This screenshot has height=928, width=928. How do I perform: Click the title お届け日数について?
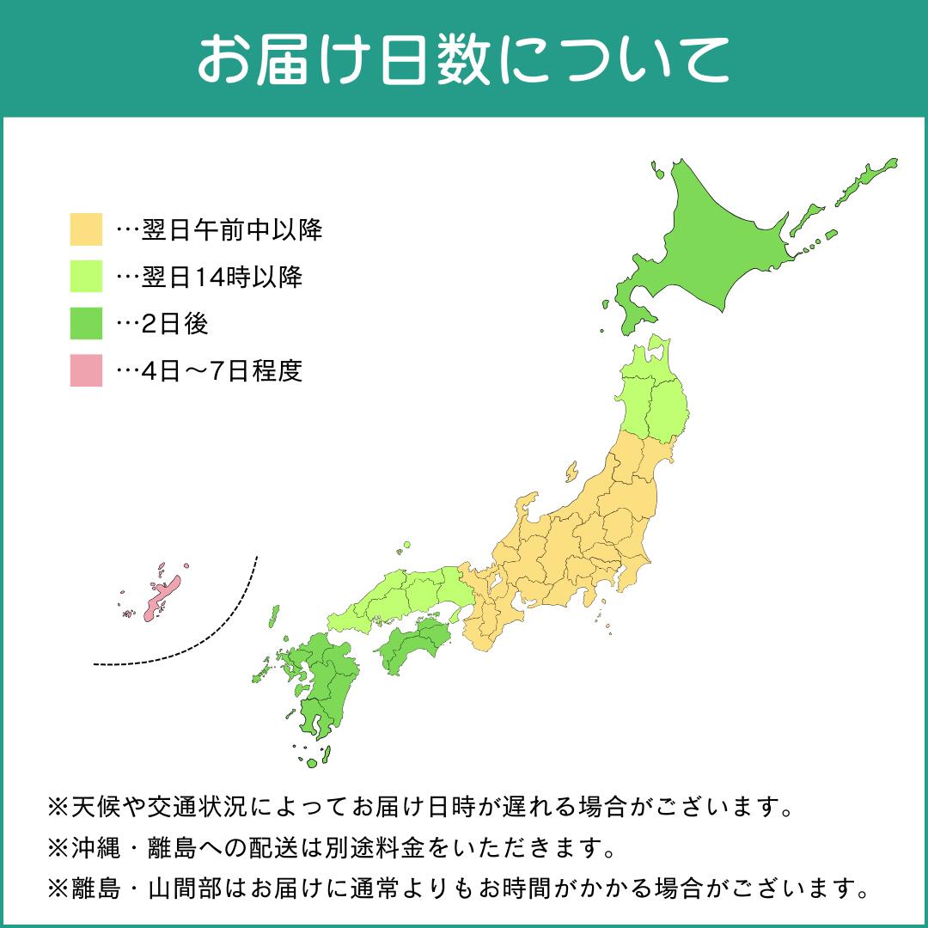pyautogui.click(x=463, y=58)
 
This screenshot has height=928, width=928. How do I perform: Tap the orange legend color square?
pyautogui.click(x=86, y=230)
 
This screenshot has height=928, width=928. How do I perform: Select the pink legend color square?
pyautogui.click(x=86, y=371)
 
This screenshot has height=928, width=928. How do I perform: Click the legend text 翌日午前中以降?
pyautogui.click(x=232, y=230)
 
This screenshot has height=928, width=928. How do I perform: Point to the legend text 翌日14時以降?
pyautogui.click(x=223, y=278)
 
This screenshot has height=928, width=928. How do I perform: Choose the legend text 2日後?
pyautogui.click(x=175, y=324)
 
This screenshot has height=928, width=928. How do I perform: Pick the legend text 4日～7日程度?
pyautogui.click(x=223, y=371)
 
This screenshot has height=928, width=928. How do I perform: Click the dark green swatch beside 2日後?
pyautogui.click(x=86, y=324)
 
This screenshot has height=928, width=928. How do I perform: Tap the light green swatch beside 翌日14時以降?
pyautogui.click(x=86, y=278)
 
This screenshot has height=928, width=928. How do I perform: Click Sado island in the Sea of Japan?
pyautogui.click(x=571, y=472)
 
